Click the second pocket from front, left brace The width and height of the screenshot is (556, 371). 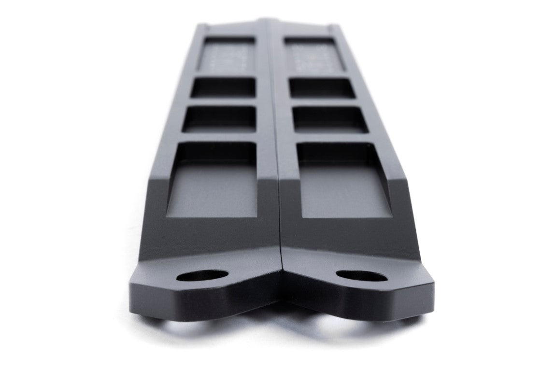coord(220,117)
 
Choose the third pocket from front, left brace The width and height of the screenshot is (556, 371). coord(223,88)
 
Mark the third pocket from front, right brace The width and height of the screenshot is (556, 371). coord(322,88)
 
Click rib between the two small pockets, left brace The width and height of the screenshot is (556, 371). coord(221,101)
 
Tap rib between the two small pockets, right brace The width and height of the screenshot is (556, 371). coord(325,102)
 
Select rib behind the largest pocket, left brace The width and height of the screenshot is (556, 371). coord(217,136)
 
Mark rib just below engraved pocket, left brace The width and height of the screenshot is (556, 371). coord(225,74)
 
